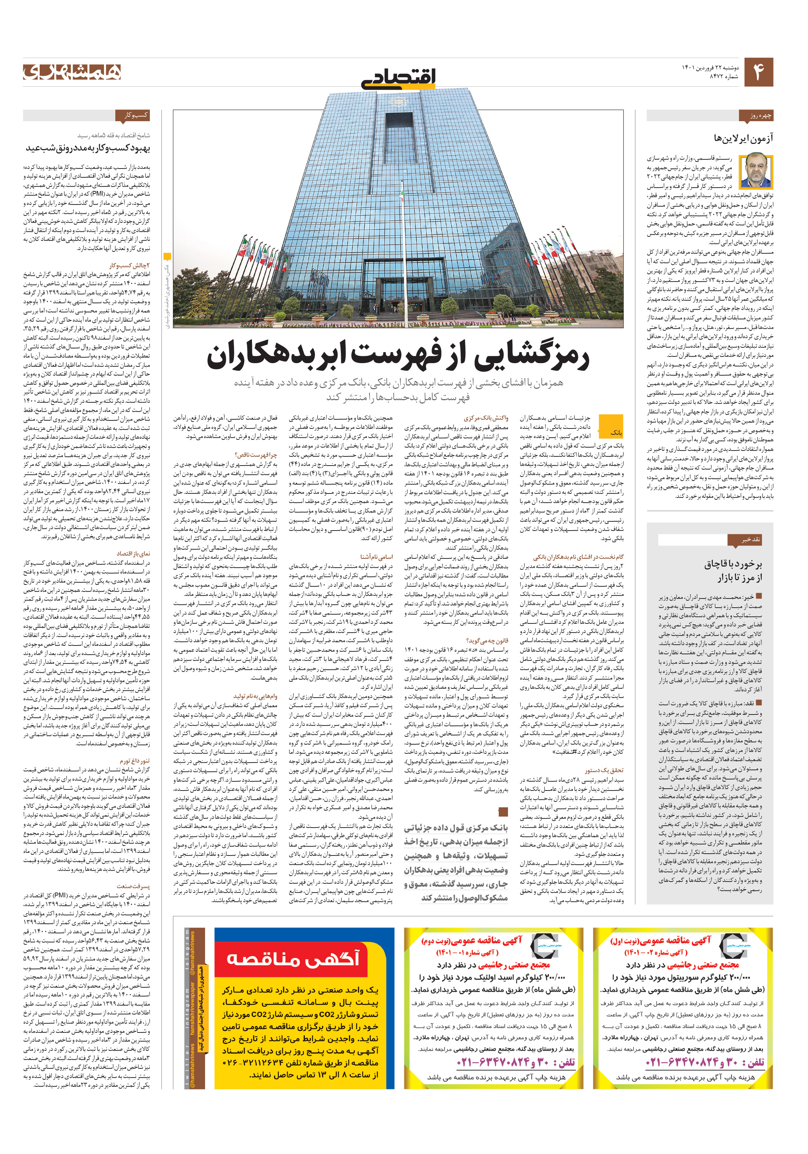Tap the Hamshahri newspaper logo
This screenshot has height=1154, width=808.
72,72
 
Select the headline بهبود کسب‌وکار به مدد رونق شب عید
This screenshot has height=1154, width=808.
88,148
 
